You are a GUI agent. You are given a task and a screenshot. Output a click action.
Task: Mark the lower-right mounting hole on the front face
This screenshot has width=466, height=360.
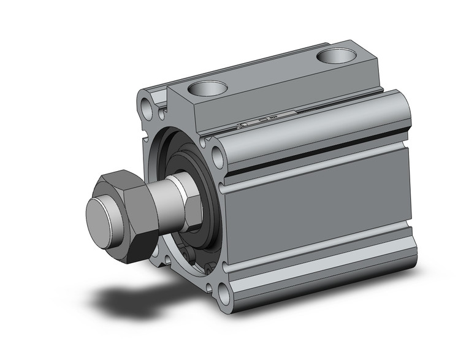point(224,293)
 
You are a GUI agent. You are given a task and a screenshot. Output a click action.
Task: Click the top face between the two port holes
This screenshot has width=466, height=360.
point(270,74)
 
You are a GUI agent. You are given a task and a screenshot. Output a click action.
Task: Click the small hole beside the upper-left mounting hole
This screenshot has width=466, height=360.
point(162,114)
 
